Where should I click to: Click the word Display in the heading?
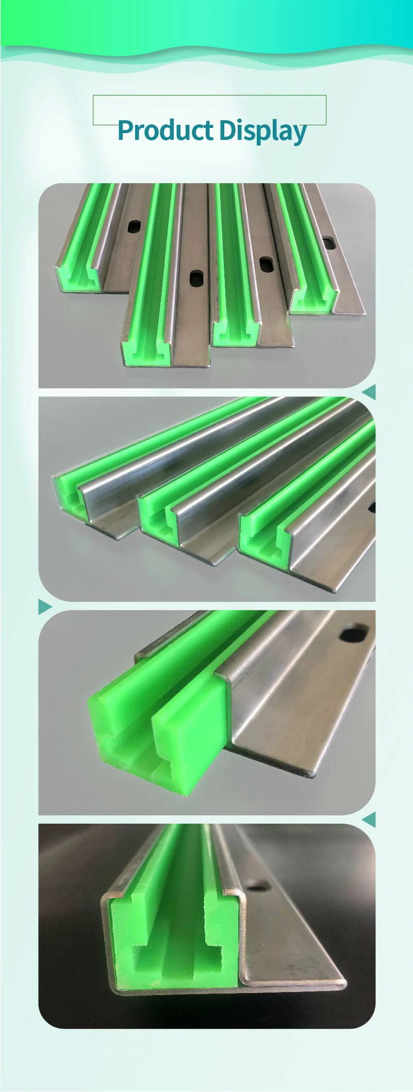(262, 132)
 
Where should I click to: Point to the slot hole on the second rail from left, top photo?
(196, 278)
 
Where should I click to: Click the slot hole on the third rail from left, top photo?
(267, 264)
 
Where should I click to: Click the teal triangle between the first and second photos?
(369, 392)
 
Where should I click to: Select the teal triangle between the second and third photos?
(45, 607)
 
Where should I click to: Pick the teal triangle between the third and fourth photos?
(369, 819)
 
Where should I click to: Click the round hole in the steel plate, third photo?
(353, 633)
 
